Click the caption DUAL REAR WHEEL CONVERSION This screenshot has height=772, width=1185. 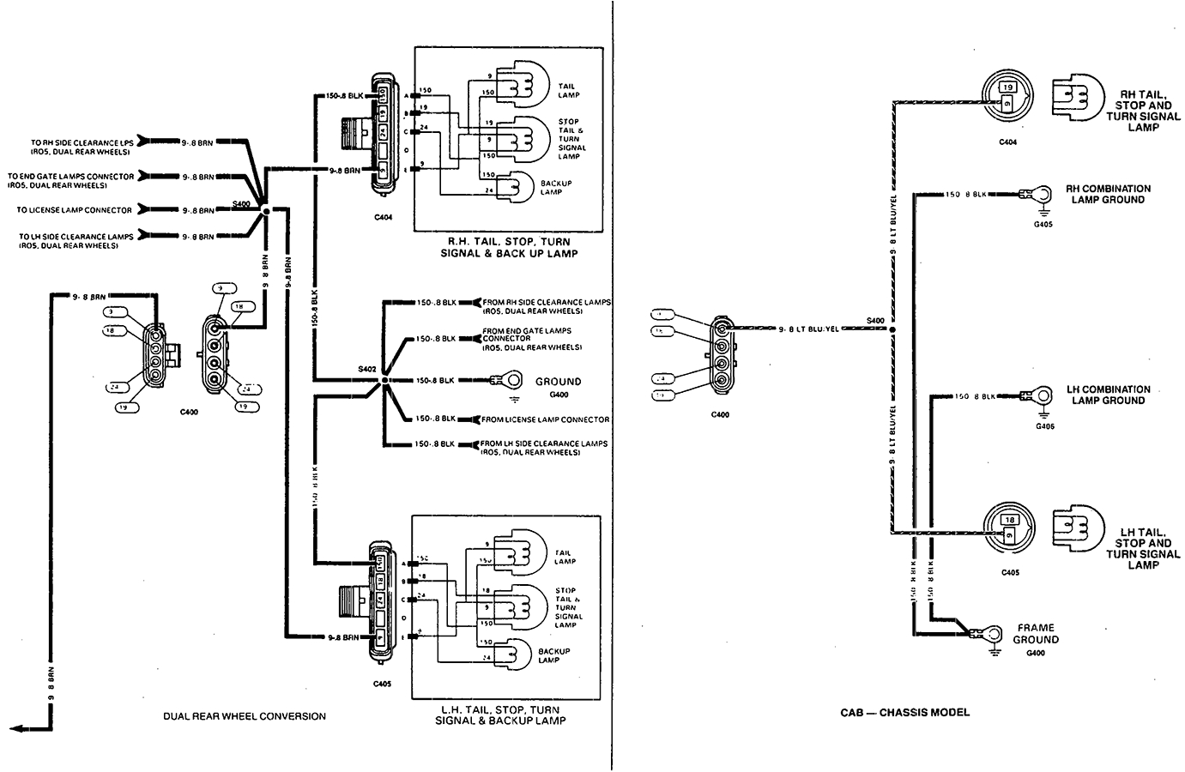[245, 716]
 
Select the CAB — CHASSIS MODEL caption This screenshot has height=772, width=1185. [905, 712]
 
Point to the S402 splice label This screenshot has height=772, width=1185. [366, 369]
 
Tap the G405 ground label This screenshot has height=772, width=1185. [1043, 224]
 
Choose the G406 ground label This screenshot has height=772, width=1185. [1044, 425]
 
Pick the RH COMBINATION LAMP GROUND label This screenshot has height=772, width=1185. [1108, 194]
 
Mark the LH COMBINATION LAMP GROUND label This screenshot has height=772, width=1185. [1108, 395]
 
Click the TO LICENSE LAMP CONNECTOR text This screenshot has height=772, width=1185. [75, 210]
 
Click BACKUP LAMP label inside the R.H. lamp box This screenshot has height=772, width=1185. [555, 187]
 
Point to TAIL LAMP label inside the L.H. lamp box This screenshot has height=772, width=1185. [565, 556]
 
